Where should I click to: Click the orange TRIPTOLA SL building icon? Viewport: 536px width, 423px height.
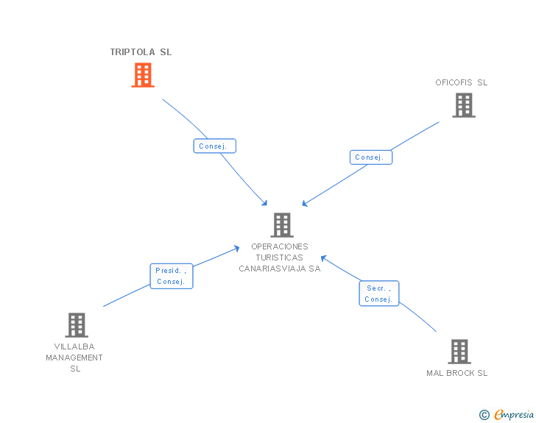tap(143, 74)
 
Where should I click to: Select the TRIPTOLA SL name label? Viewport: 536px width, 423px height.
tap(141, 52)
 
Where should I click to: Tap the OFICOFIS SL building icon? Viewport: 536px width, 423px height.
tap(463, 105)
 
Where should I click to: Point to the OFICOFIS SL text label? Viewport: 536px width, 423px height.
tap(461, 82)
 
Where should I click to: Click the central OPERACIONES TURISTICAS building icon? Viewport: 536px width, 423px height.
tap(282, 225)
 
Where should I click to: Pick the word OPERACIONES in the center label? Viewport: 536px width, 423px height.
tap(280, 246)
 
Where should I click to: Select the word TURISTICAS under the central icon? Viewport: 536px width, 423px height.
tap(280, 257)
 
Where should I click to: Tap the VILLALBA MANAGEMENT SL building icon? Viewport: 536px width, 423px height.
tap(76, 324)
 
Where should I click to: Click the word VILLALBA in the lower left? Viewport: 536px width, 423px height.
tap(74, 346)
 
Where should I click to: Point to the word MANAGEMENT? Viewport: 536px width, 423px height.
tap(74, 358)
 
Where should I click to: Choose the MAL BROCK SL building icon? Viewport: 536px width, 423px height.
tap(459, 352)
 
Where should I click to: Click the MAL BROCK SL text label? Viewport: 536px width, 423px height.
tap(456, 373)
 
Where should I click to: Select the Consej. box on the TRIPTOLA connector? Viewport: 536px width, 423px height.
tap(214, 146)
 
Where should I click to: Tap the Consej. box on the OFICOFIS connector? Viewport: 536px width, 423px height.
tap(370, 157)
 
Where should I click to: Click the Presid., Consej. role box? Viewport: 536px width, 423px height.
tap(171, 276)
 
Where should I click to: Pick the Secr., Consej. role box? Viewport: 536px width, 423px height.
tap(378, 294)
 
